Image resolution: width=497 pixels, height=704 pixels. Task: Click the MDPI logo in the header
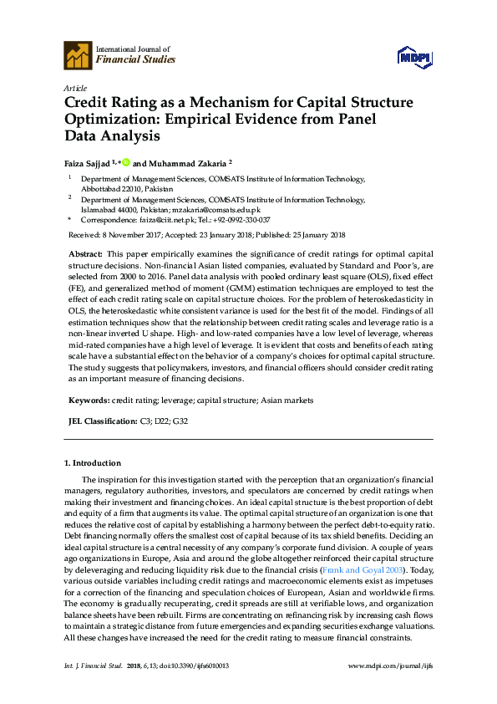click(414, 57)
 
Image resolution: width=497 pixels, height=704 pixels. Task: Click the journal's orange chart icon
click(78, 55)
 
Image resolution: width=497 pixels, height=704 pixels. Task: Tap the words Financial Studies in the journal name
click(135, 60)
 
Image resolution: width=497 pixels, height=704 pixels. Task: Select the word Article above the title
click(76, 87)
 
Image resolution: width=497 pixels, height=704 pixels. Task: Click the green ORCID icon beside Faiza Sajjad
click(126, 162)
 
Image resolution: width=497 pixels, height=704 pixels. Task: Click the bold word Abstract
click(85, 253)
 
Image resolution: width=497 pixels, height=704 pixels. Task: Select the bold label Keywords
click(88, 400)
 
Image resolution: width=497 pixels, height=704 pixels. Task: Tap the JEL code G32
click(180, 421)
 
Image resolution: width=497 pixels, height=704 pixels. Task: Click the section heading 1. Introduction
click(93, 463)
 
